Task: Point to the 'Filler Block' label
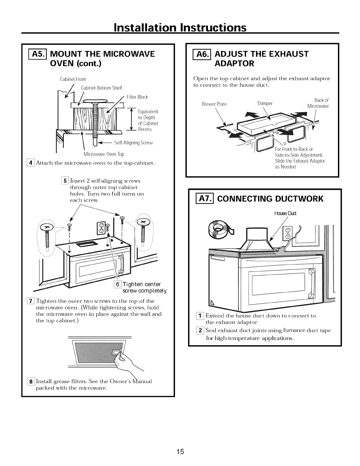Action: point(137,97)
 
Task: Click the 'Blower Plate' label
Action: point(214,104)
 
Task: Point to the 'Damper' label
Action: point(265,103)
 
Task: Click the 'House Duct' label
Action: point(282,213)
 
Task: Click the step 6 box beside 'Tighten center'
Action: point(117,284)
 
